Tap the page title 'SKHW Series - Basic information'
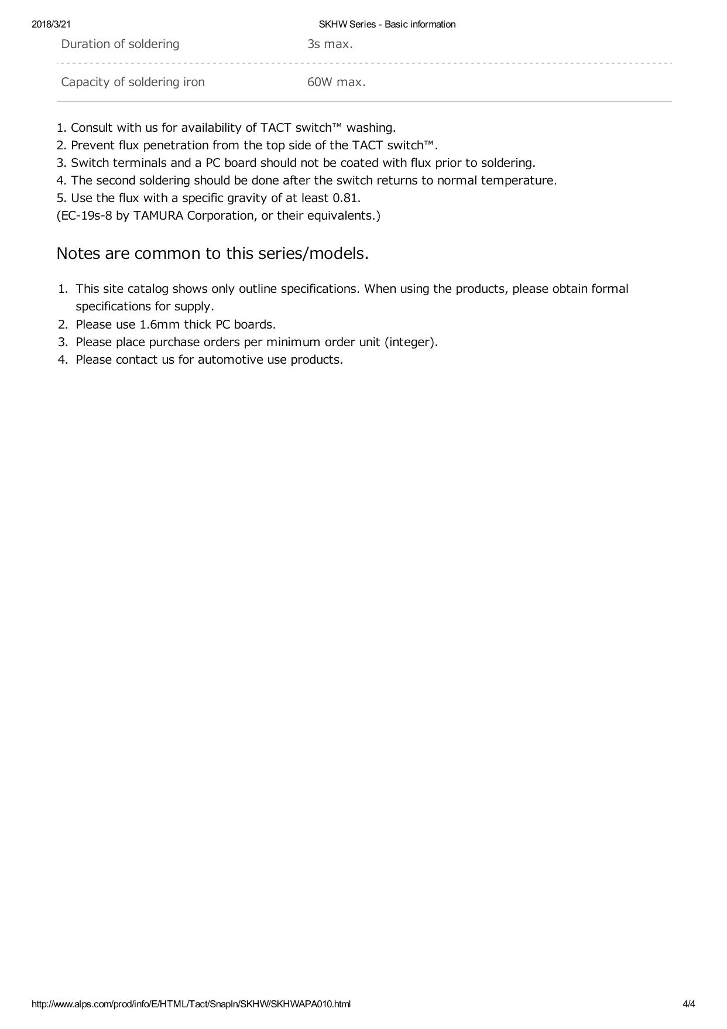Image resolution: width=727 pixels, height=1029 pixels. [387, 24]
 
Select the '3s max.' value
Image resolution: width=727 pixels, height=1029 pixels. [330, 44]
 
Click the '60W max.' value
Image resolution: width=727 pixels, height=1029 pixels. [336, 82]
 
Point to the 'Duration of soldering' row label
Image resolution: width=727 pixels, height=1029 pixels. [120, 44]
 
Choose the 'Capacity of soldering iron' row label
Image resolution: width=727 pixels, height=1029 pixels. [133, 82]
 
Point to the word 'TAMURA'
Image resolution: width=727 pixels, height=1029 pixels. [158, 216]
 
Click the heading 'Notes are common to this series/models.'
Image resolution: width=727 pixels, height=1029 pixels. [212, 254]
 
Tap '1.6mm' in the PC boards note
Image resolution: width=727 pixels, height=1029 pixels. [159, 324]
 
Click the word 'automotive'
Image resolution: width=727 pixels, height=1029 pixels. [230, 360]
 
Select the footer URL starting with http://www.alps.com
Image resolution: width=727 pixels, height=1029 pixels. [191, 1004]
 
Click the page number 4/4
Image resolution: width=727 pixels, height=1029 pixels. [688, 1004]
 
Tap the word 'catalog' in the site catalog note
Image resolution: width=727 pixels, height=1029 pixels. [148, 289]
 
